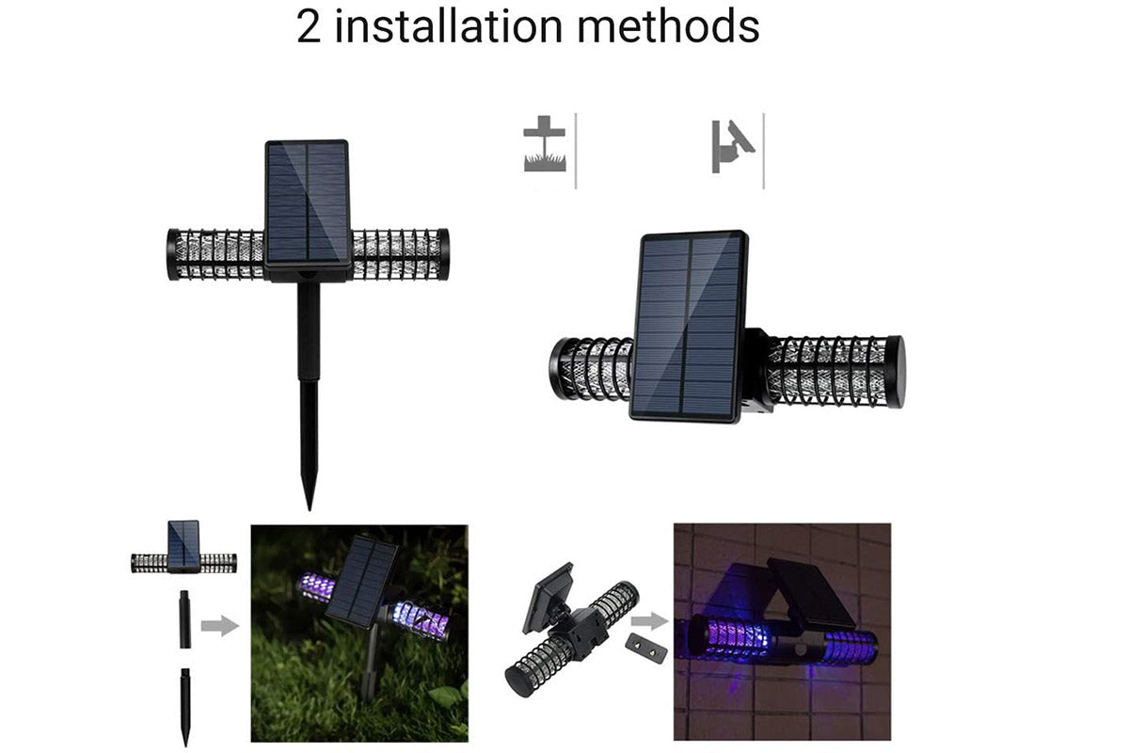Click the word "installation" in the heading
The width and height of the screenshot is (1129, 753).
[x=448, y=26]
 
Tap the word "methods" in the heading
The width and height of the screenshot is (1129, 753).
[x=668, y=26]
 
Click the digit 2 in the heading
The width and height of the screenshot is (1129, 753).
[x=309, y=27]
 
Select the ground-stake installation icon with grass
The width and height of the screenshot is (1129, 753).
[x=545, y=144]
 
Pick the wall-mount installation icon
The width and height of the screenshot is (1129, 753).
[x=733, y=146]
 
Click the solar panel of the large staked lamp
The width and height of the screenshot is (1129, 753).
[x=308, y=202]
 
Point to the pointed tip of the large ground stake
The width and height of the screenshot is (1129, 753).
[x=309, y=508]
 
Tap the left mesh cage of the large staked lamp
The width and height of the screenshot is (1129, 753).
[x=215, y=255]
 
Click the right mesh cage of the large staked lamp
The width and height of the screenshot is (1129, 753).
[x=400, y=254]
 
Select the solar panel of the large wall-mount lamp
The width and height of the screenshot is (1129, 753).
[x=689, y=326]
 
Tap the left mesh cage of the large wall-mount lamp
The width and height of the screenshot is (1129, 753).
[x=592, y=368]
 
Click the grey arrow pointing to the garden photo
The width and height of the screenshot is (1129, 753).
[x=220, y=626]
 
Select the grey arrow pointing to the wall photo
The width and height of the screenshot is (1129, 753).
[x=650, y=621]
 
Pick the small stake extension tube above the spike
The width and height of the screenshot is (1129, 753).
[x=185, y=618]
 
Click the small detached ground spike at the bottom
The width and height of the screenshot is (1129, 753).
[x=185, y=707]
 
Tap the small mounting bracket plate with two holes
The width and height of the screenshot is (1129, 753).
[x=646, y=649]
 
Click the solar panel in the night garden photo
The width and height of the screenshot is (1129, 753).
[x=361, y=582]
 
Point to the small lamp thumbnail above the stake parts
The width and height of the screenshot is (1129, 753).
[x=184, y=547]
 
